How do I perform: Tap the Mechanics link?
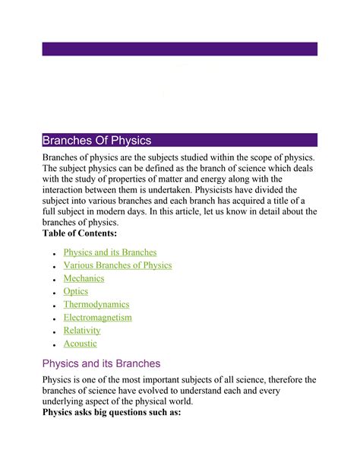pyautogui.click(x=84, y=278)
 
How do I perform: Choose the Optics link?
pyautogui.click(x=76, y=291)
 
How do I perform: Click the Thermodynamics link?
pyautogui.click(x=96, y=304)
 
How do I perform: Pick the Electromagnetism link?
pyautogui.click(x=98, y=317)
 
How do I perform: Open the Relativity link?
pyautogui.click(x=82, y=330)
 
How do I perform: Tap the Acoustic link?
pyautogui.click(x=81, y=344)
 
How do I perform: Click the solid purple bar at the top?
pyautogui.click(x=179, y=49)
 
